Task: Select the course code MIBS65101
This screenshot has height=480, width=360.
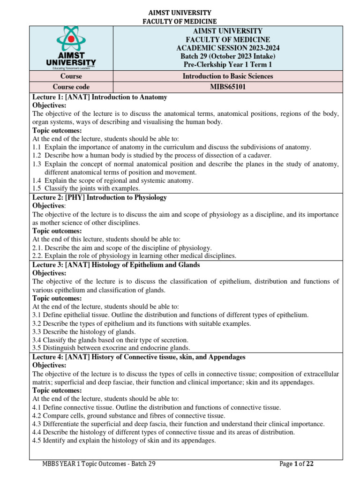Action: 228,87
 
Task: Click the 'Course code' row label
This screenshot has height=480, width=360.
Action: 71,87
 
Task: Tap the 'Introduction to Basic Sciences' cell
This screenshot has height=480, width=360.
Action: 228,76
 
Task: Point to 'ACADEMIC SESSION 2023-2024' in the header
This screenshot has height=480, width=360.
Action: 228,48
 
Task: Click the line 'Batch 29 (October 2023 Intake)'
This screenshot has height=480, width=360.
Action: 228,56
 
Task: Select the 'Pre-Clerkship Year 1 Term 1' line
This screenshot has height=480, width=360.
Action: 228,65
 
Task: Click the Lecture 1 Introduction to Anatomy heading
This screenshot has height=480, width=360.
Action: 99,97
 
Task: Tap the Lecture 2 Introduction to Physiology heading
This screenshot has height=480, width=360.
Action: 99,197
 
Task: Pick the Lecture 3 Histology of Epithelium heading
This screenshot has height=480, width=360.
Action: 116,265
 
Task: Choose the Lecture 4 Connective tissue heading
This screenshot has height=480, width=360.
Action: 139,357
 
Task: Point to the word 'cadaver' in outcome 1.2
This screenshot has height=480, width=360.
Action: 259,155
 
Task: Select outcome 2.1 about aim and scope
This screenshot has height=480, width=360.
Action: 122,247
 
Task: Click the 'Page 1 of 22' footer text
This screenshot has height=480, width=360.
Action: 296,464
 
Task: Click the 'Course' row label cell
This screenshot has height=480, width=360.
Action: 71,76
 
